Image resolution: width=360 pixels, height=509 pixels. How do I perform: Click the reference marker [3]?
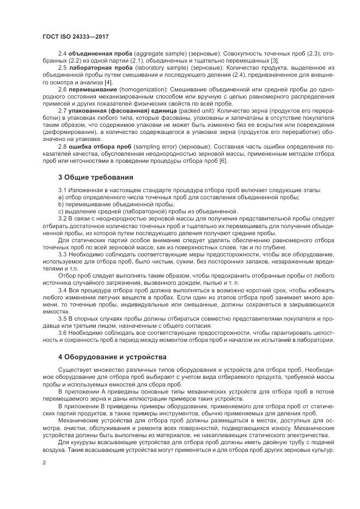[276, 60]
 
